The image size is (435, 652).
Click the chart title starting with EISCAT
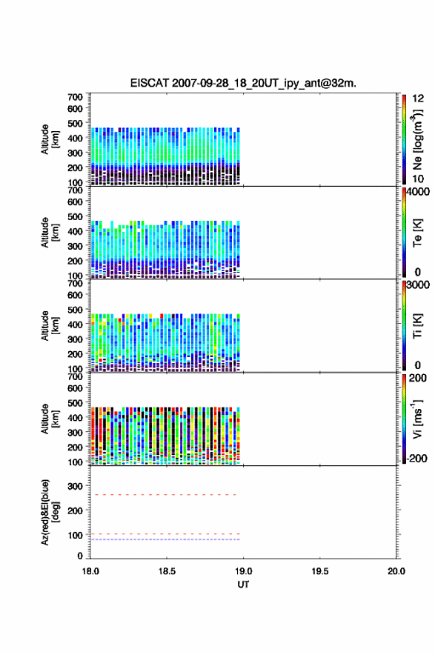pos(243,83)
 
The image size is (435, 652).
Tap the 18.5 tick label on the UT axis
pos(166,571)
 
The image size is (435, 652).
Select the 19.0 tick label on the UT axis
pos(243,571)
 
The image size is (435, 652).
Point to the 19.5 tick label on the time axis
pos(320,571)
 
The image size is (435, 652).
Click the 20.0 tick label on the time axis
pos(396,571)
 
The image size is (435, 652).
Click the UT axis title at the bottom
pos(243,585)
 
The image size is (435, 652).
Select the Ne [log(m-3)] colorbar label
pos(418,140)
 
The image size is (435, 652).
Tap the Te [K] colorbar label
pos(417,233)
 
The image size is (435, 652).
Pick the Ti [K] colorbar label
pos(417,326)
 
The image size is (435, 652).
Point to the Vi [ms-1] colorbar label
pos(417,419)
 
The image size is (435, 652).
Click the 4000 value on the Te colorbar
pos(419,192)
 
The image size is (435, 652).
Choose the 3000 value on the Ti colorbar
pos(419,285)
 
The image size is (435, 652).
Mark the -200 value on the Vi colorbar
pos(416,458)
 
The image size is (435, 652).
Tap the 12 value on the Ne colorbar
pos(419,99)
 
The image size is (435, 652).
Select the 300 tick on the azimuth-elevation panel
pos(76,486)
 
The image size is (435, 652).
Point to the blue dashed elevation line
pos(165,539)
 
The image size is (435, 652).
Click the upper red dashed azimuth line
pos(164,495)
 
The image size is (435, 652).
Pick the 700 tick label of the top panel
pos(76,97)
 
